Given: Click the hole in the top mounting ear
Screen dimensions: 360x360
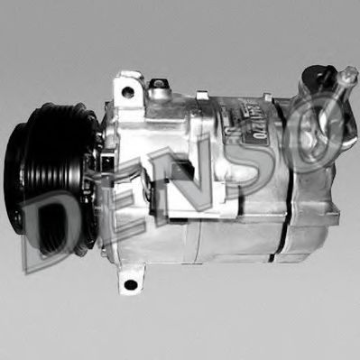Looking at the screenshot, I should tap(128, 92).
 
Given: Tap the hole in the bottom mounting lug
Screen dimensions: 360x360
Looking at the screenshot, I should tap(131, 284).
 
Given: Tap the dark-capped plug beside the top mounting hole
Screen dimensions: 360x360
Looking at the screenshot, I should tap(160, 91).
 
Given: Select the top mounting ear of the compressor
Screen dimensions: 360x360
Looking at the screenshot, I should tap(126, 91).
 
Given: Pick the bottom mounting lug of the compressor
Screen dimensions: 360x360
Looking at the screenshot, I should tap(131, 282).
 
